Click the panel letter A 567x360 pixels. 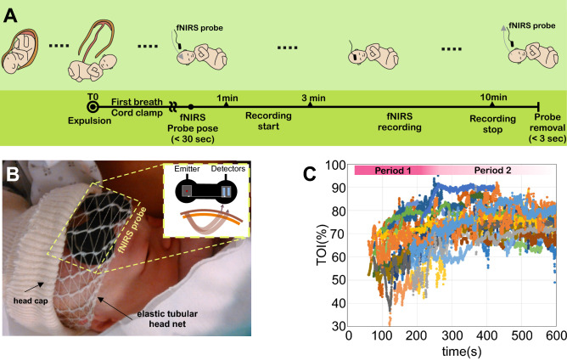coord(14,15)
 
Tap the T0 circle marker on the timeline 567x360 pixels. coord(93,108)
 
